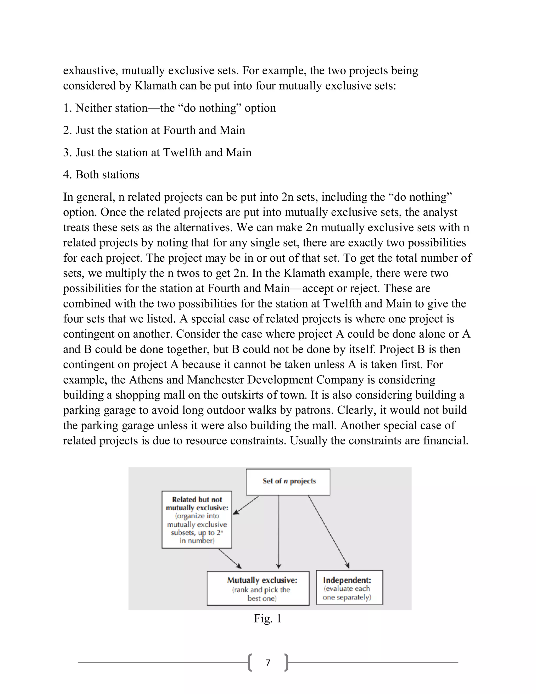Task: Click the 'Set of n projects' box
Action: pyautogui.click(x=288, y=482)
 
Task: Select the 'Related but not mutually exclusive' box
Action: pyautogui.click(x=197, y=520)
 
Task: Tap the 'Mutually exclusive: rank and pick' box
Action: pyautogui.click(x=258, y=588)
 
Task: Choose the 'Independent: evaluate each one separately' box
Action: pyautogui.click(x=349, y=588)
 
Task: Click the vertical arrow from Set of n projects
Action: pyautogui.click(x=278, y=531)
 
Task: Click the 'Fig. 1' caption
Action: pyautogui.click(x=268, y=618)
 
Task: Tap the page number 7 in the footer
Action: pyautogui.click(x=268, y=663)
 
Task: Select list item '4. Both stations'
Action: pyautogui.click(x=101, y=175)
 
